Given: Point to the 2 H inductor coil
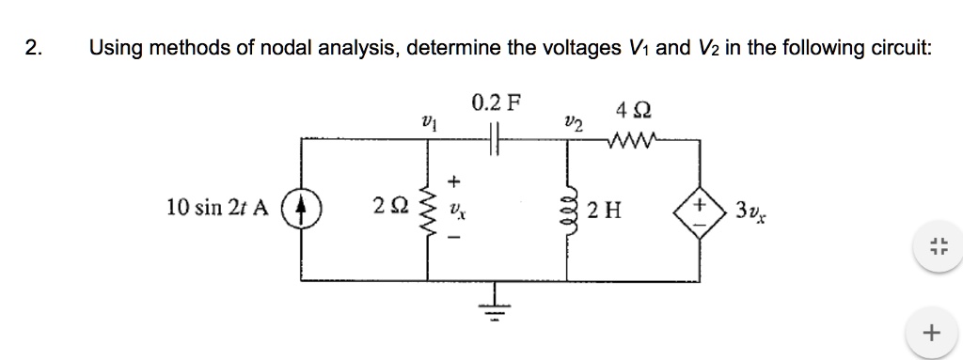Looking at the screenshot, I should (x=569, y=208).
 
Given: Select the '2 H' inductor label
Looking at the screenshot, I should (x=605, y=209).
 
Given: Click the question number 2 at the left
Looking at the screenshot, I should (x=35, y=49).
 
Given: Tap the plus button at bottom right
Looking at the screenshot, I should (x=931, y=332).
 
